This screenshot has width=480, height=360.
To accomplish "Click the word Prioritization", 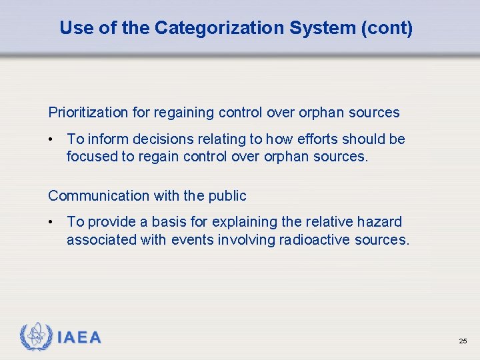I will tap(89, 113).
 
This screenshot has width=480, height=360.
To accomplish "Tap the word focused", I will tap(90, 157).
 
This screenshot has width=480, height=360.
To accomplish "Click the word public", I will tap(227, 196).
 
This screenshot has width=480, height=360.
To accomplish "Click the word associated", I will tap(101, 239).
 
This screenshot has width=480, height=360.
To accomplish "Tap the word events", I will tap(193, 239).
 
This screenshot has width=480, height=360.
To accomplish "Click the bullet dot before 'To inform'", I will tap(51, 140).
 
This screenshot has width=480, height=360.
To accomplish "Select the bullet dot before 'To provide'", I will tap(51, 223).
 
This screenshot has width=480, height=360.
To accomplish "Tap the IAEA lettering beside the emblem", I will tap(79, 338).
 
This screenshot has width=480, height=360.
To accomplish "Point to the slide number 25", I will tap(463, 341).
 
